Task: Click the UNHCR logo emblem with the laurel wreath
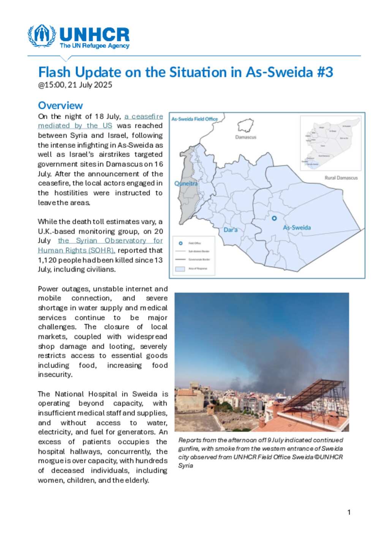point(42,36)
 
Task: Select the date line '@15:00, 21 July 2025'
point(75,85)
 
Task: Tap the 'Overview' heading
point(60,106)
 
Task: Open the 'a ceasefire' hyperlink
point(144,117)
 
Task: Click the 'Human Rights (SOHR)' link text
point(76,251)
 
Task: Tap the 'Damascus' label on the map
point(245,137)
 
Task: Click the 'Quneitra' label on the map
point(186,184)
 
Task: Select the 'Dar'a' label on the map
point(230,230)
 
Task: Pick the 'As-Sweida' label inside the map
point(297,228)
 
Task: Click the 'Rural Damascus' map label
point(341,178)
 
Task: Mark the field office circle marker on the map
point(274,218)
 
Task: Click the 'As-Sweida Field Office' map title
point(194,119)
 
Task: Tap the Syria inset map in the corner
point(330,143)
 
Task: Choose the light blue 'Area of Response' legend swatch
point(180,269)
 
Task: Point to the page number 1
point(349,512)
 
